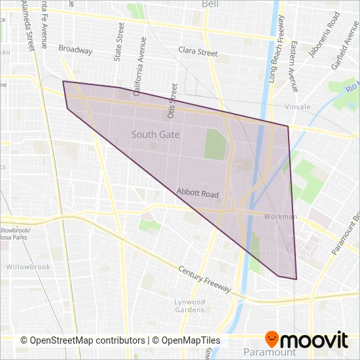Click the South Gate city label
(x=155, y=135)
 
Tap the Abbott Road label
(x=197, y=194)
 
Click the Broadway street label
(x=75, y=48)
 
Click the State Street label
(x=118, y=42)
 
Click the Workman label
(x=280, y=217)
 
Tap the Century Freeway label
(x=205, y=279)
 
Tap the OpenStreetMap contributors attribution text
(x=82, y=340)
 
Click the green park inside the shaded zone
(x=215, y=144)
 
